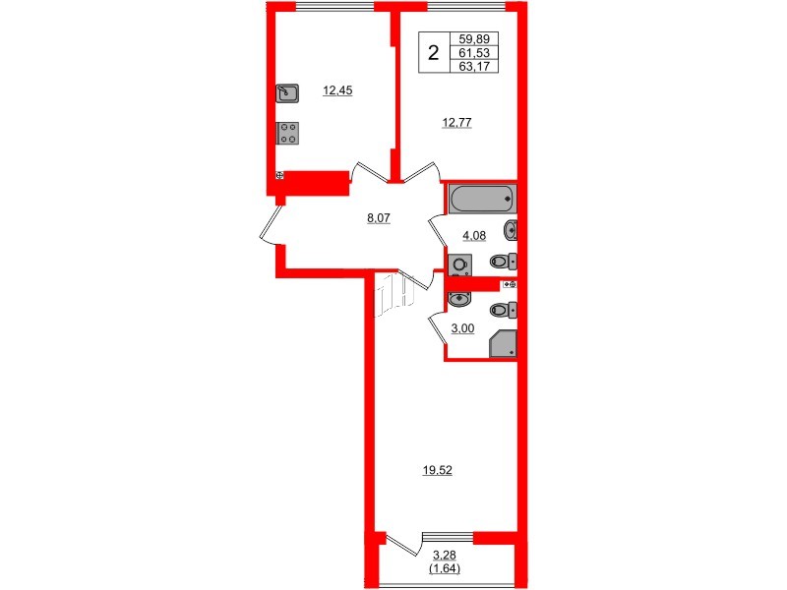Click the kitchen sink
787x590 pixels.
288,93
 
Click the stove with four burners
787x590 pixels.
288,133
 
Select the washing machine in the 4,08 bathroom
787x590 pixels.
459,265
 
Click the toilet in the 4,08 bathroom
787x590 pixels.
503,262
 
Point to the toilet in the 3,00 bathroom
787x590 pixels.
503,310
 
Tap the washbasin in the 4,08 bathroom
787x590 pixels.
510,231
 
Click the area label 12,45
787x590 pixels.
337,90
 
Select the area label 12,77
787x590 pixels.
455,123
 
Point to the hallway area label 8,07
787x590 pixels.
379,218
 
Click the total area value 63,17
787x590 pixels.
475,67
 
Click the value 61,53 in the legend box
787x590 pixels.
475,54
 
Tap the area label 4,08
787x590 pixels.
463,234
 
